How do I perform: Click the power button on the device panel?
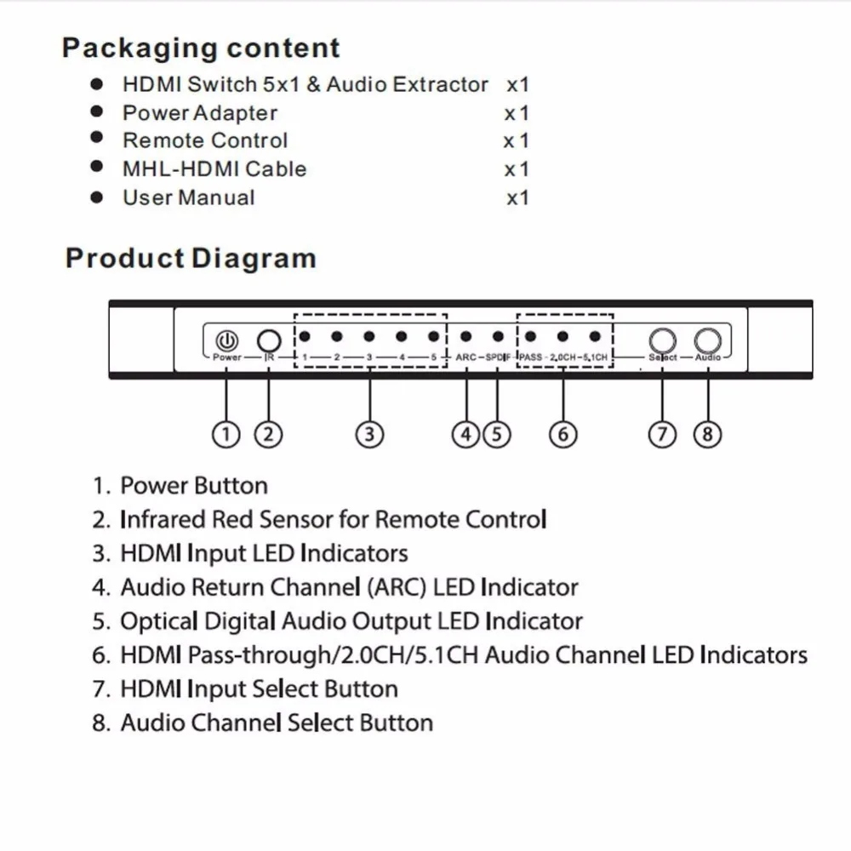click(226, 339)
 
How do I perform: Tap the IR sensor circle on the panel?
click(269, 340)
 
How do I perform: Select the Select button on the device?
click(663, 340)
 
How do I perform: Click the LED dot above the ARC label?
click(465, 337)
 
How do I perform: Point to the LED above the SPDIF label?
click(498, 337)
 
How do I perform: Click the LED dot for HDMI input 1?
click(305, 337)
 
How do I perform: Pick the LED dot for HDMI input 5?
click(433, 337)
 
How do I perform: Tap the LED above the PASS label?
click(530, 337)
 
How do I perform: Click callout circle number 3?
click(368, 434)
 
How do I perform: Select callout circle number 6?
click(563, 434)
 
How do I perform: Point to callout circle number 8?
click(707, 434)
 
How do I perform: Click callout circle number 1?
click(226, 434)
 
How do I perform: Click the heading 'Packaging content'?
click(201, 48)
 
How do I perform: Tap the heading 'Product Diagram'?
click(191, 258)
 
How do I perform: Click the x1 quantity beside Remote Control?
click(516, 141)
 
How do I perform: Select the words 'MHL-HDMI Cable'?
click(214, 168)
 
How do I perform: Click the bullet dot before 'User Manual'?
click(97, 197)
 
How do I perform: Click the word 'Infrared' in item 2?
click(163, 519)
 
